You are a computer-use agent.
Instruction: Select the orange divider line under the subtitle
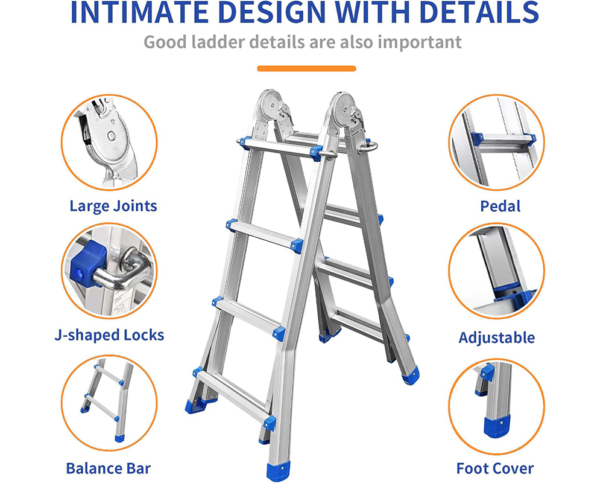(306, 68)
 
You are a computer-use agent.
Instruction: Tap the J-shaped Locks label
(109, 335)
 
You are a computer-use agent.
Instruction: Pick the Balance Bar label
(108, 468)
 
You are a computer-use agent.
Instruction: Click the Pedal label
(500, 206)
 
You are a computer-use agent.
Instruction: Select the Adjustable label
(496, 337)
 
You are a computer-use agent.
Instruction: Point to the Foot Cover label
(494, 468)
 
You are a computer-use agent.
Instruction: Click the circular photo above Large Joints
(109, 142)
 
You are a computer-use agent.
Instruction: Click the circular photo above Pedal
(496, 142)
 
